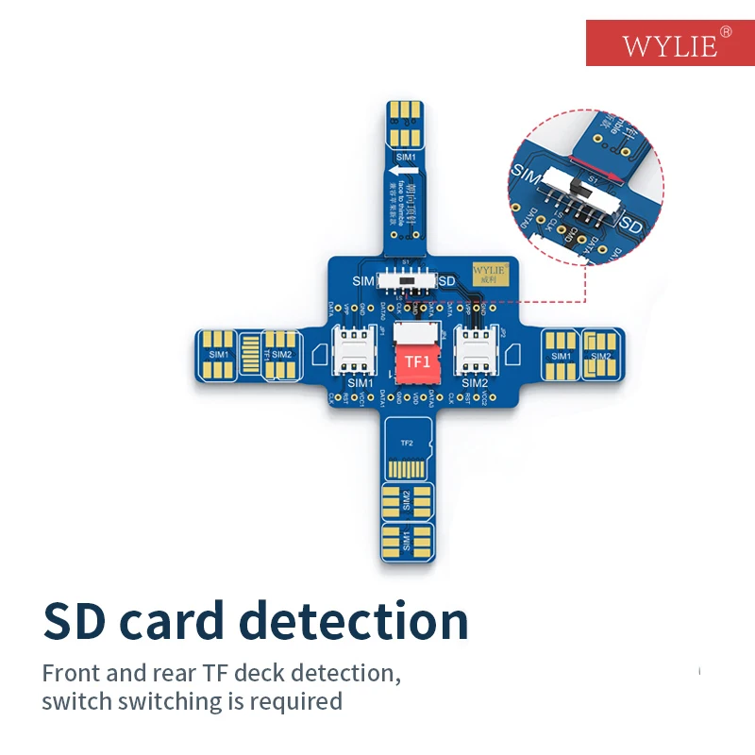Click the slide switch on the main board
[406, 281]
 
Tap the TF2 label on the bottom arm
[408, 443]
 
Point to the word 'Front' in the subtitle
[70, 674]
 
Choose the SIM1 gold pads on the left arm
[220, 354]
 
